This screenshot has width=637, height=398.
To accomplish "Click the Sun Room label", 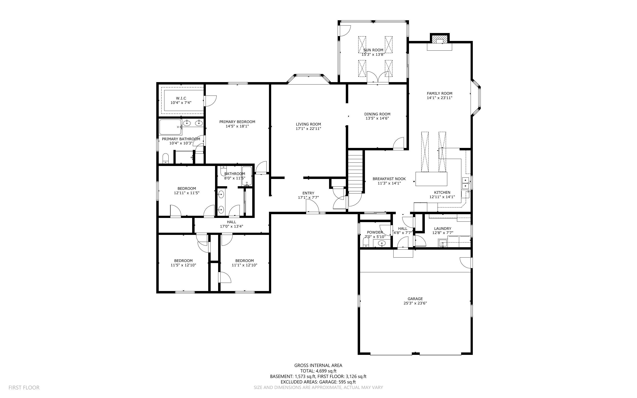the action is (x=373, y=50).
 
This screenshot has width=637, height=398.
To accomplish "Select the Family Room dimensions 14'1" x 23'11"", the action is (x=439, y=98).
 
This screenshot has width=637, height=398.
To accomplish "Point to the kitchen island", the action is (x=431, y=179).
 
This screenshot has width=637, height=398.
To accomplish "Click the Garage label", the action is (x=415, y=299).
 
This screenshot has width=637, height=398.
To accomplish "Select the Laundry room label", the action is (x=443, y=228).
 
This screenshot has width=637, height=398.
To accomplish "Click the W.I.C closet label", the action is (x=181, y=98).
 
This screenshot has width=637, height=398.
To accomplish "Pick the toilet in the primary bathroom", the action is (x=166, y=158).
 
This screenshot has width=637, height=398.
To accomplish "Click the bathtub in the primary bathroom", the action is (x=170, y=127).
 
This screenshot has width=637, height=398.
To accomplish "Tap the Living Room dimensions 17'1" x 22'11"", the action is (x=308, y=129).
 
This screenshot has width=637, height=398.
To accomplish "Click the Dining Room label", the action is (x=377, y=114).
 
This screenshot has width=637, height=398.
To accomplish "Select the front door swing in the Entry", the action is (x=312, y=206).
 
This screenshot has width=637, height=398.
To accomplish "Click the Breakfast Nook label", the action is (x=389, y=179).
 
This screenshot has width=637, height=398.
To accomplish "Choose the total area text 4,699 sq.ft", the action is (x=326, y=371).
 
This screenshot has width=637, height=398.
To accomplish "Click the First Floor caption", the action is (x=24, y=387).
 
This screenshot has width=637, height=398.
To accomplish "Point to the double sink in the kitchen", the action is (x=466, y=183).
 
